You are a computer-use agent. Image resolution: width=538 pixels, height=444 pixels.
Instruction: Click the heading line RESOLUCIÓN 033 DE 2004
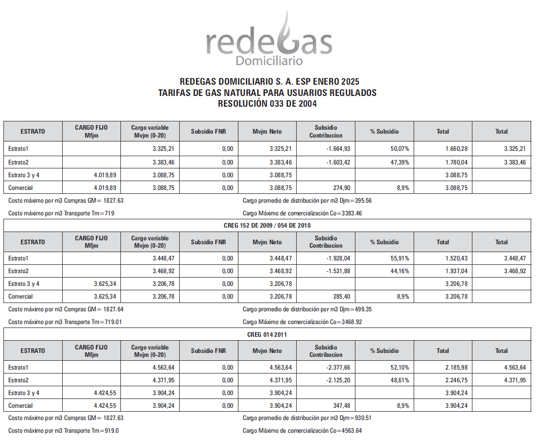click(x=267, y=104)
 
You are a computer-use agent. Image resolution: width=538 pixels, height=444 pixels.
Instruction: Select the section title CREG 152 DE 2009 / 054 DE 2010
click(x=267, y=225)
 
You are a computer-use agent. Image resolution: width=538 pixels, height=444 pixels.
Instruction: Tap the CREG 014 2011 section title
click(x=267, y=334)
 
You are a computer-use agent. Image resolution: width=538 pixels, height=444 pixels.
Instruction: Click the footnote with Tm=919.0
click(x=64, y=430)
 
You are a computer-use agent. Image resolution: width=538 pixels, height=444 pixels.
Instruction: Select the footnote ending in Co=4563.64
click(x=302, y=430)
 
